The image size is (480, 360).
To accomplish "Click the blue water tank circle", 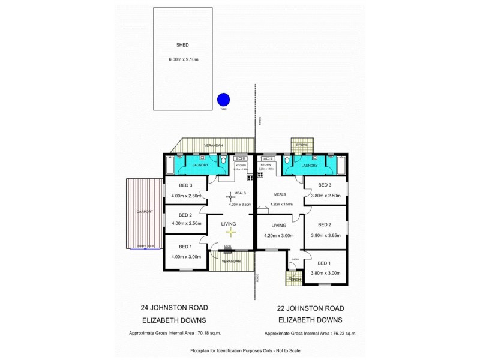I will [x=223, y=100].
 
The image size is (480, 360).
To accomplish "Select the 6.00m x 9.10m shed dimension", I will [x=183, y=59].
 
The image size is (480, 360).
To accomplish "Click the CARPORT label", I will [x=145, y=212].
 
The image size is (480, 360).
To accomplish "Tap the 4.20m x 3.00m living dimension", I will [x=278, y=236].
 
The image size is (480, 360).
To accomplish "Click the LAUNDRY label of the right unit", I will [x=310, y=165].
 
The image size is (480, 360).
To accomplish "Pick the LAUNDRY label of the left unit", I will [x=200, y=165].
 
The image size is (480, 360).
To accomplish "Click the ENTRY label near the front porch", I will [x=295, y=259].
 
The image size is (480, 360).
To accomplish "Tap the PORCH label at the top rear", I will [x=302, y=145].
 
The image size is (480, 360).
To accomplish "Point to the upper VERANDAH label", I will [x=213, y=146].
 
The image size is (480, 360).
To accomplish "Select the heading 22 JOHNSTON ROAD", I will [x=311, y=308].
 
